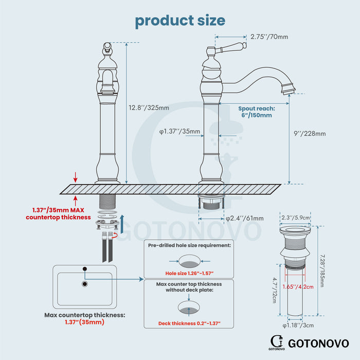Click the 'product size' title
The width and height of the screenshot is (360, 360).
pos(180,21)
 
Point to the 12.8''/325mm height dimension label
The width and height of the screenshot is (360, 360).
pos(149,107)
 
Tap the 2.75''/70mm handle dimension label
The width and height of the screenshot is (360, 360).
pos(269,37)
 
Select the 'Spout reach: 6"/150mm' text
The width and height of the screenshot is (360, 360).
pos(257,112)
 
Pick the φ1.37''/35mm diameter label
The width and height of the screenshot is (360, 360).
pos(179,131)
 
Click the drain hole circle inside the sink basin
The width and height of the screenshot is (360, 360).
pos(85,283)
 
